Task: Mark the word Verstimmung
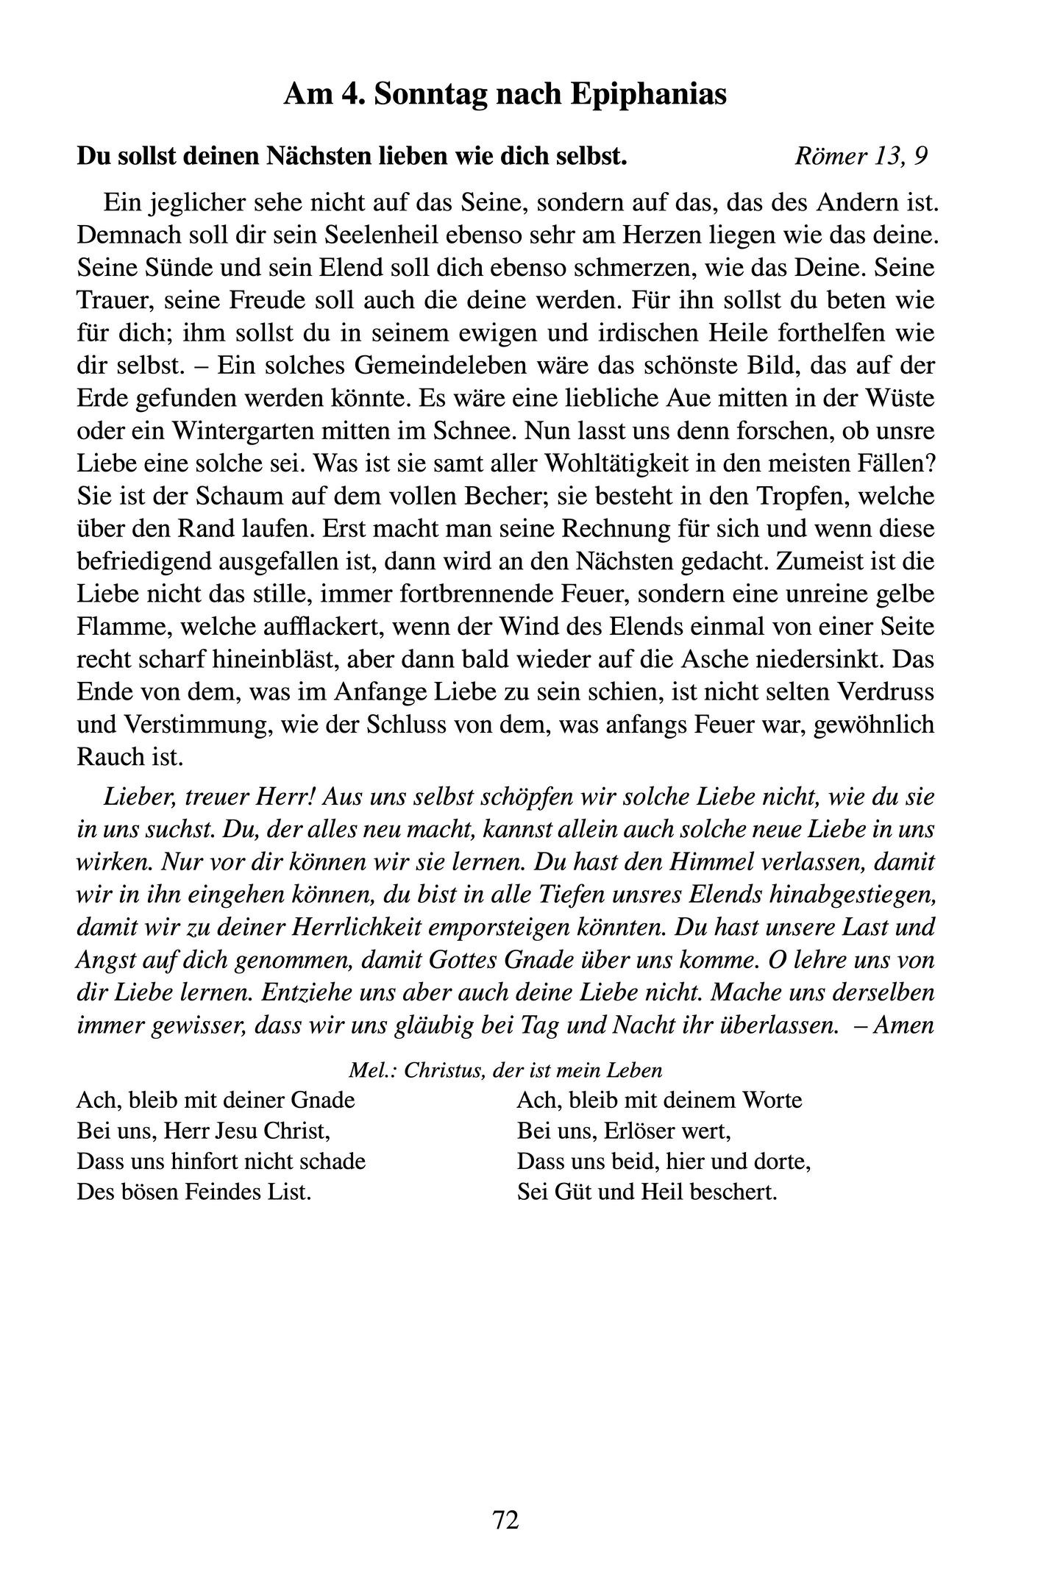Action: tap(191, 725)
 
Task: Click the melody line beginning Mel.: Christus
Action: tap(505, 1070)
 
